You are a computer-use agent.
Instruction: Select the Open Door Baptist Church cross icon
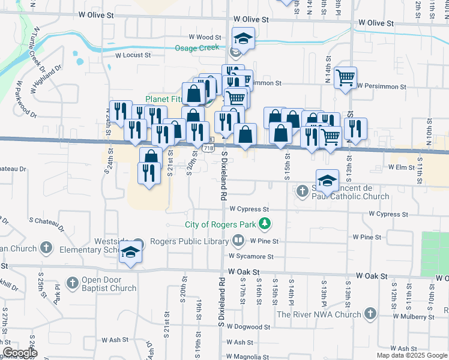pyautogui.click(x=72, y=283)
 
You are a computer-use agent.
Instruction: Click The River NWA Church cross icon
pyautogui.click(x=370, y=314)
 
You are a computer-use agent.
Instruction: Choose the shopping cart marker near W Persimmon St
pyautogui.click(x=345, y=77)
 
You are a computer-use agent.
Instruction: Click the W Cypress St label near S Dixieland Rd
pyautogui.click(x=249, y=209)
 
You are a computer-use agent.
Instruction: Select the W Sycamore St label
pyautogui.click(x=250, y=256)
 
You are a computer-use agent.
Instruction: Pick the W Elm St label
pyautogui.click(x=402, y=167)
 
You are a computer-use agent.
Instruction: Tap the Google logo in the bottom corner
pyautogui.click(x=19, y=353)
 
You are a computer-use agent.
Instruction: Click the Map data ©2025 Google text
pyautogui.click(x=412, y=355)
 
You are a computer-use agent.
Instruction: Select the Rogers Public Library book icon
pyautogui.click(x=238, y=241)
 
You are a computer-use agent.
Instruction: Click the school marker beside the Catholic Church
pyautogui.click(x=328, y=179)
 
